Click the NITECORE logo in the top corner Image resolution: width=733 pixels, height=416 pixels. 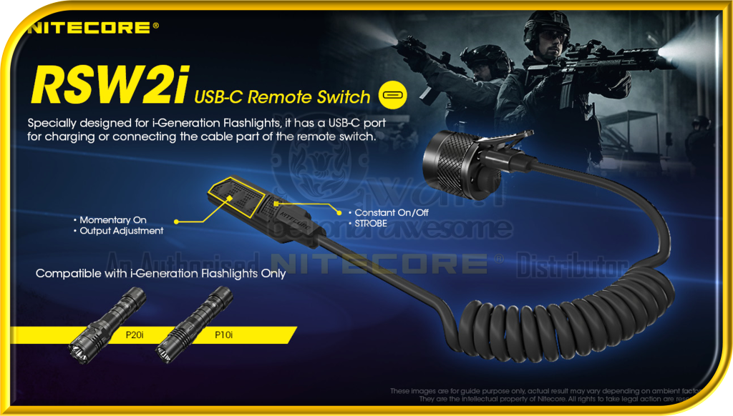coord(89,28)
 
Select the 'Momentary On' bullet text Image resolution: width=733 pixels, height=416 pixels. coord(114,220)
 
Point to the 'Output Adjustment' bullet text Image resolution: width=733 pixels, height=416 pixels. coord(121,231)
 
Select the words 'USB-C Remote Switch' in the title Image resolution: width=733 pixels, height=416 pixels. coord(283,97)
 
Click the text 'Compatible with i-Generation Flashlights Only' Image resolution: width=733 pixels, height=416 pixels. coord(160,273)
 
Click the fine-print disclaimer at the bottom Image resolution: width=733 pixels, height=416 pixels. coord(558,395)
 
